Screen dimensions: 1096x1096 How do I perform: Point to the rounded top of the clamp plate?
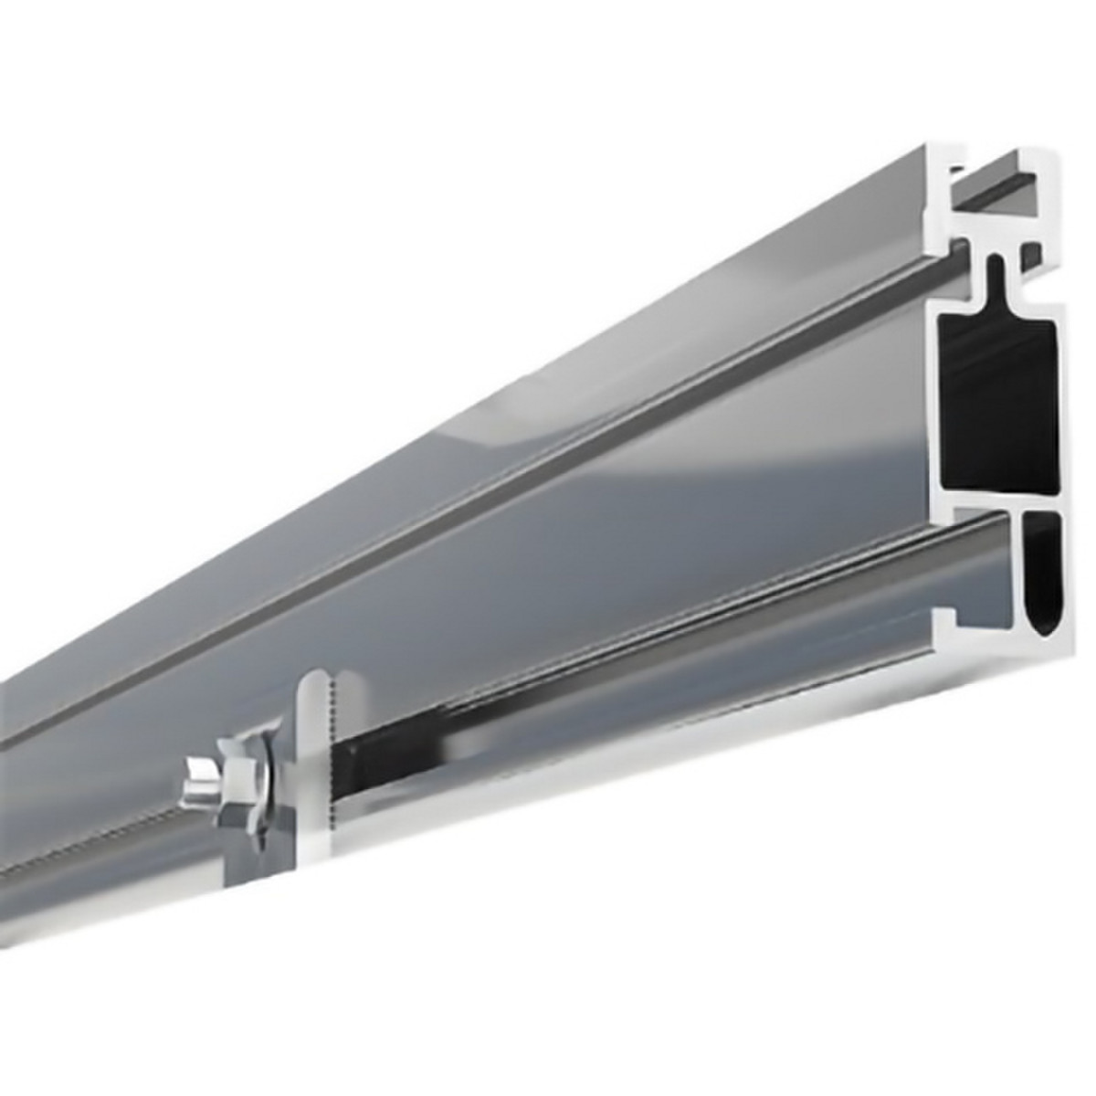pos(312,680)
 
